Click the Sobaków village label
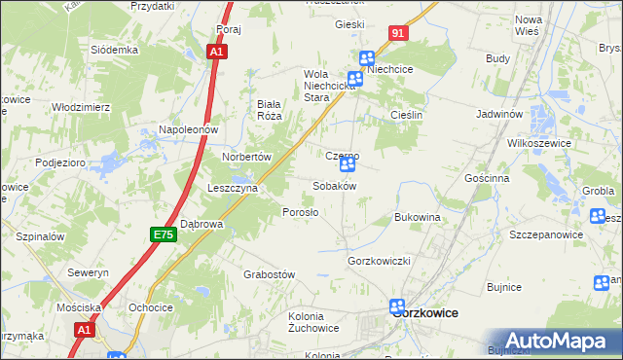click(x=334, y=186)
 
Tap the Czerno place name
click(x=343, y=155)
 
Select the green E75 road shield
click(x=163, y=234)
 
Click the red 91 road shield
click(x=399, y=33)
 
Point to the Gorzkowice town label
click(x=426, y=313)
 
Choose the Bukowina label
click(x=418, y=217)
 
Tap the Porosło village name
click(x=299, y=212)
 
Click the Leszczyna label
click(x=232, y=189)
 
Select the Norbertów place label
click(x=245, y=156)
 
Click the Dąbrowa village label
click(x=202, y=224)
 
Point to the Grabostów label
click(x=269, y=275)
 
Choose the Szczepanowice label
click(x=546, y=234)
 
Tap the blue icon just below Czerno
click(x=347, y=165)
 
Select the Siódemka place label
click(x=115, y=50)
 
